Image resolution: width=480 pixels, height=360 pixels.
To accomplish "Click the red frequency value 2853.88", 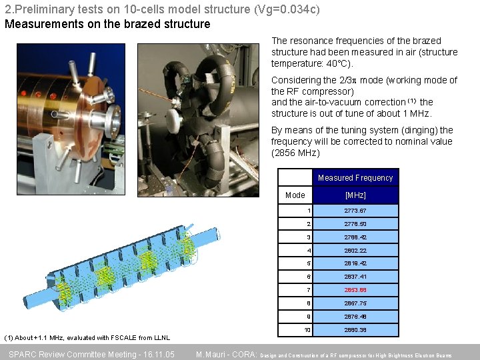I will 355,290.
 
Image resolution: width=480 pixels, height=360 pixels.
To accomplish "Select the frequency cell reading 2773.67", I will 355,211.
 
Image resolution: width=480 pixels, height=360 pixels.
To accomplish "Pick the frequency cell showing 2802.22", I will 355,251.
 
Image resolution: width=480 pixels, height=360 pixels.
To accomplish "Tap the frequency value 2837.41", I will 355,277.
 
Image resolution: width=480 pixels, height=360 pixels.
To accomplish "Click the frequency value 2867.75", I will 355,303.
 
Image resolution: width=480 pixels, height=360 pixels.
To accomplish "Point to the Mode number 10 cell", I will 307,330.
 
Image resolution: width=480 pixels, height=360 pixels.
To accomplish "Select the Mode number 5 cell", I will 308,263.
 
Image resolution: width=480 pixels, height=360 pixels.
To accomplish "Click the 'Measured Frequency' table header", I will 355,178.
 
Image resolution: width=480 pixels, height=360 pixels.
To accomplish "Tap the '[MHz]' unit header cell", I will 355,195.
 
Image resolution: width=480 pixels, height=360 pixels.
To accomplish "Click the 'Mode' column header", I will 295,195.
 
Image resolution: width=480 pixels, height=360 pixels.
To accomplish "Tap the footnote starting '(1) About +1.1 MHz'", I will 87,337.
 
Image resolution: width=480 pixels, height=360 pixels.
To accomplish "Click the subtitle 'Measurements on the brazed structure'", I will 107,24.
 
